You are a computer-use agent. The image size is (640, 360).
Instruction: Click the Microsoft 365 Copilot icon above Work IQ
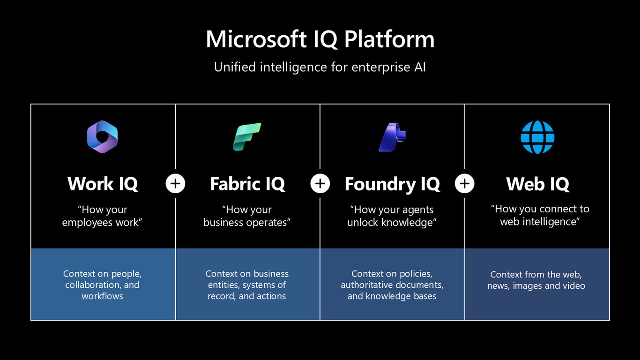coord(102,137)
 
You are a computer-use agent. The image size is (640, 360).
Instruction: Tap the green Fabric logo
coord(247,137)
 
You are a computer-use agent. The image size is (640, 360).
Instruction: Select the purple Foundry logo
coord(392,137)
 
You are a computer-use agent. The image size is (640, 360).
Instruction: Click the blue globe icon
coord(537,137)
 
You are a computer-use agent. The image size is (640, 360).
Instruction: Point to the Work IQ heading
coord(103,184)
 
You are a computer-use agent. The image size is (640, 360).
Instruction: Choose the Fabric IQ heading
coord(247,184)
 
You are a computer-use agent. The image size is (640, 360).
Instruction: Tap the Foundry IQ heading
coord(392,184)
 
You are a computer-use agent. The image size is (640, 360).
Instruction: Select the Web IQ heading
coord(538,184)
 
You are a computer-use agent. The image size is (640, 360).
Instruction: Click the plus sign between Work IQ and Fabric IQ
coord(175,184)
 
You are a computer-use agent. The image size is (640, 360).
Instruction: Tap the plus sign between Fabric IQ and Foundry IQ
coord(320,184)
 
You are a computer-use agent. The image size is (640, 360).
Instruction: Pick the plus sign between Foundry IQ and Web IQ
coord(465,184)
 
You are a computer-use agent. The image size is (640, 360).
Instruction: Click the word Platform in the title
coord(389,39)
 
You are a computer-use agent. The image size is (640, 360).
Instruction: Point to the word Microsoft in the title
coord(256,39)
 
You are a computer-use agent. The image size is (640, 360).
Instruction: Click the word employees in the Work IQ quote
coord(87,223)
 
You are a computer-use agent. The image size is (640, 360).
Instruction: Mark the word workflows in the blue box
coord(102,296)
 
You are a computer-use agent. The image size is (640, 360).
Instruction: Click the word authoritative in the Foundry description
coord(369,285)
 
